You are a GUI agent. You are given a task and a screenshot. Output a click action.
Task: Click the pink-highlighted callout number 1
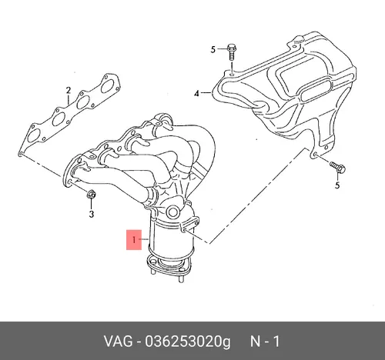134,240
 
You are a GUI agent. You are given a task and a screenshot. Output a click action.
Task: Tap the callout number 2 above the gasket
69,90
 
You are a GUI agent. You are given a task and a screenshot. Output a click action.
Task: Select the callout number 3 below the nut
92,214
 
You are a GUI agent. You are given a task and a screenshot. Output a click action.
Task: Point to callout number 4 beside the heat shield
196,94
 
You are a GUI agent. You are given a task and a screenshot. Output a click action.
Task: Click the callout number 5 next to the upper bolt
213,49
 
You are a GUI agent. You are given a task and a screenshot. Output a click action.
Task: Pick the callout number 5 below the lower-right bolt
337,185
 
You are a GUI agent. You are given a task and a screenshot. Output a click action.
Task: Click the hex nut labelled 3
92,195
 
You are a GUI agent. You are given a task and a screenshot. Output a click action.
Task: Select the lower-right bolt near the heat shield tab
337,167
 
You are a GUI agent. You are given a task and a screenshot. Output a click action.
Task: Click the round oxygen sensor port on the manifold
173,212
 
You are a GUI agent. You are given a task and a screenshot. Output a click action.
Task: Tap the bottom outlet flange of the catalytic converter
169,265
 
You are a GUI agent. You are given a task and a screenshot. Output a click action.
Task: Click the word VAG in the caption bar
119,342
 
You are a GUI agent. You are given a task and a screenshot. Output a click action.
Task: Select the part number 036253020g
188,342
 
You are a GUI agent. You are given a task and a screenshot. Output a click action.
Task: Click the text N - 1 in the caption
265,342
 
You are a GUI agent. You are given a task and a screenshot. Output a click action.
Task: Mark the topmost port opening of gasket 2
108,86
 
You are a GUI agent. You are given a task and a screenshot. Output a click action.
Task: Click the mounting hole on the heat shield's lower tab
315,155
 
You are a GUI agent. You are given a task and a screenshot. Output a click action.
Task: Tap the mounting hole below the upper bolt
232,74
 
